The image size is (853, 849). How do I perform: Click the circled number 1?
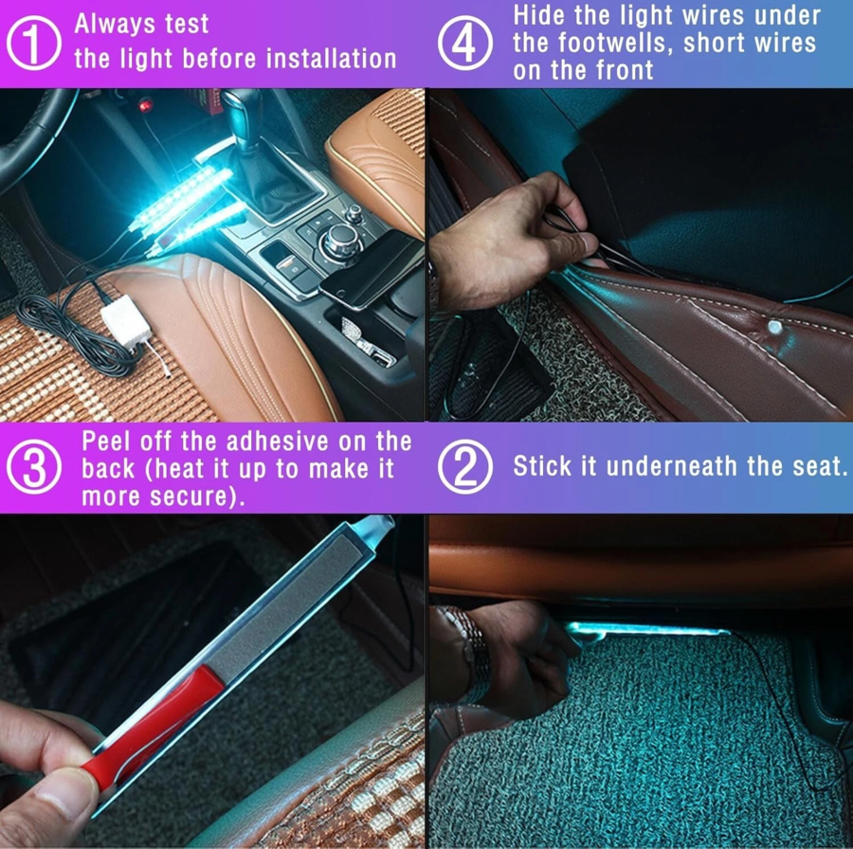pyautogui.click(x=34, y=43)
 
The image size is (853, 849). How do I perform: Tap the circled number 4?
pyautogui.click(x=465, y=43)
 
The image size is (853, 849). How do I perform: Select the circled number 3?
pyautogui.click(x=34, y=467)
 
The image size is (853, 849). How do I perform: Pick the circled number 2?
pyautogui.click(x=465, y=467)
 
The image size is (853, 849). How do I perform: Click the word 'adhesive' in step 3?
pyautogui.click(x=278, y=442)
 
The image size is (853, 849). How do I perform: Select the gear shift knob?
pyautogui.click(x=243, y=116)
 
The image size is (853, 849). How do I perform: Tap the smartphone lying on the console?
pyautogui.click(x=371, y=270)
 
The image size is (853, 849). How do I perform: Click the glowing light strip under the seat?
pyautogui.click(x=647, y=630)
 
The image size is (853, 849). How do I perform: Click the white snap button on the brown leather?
pyautogui.click(x=774, y=327)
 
